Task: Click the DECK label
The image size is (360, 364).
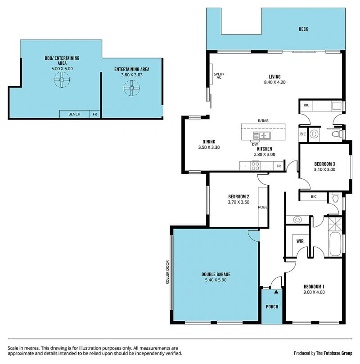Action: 303,29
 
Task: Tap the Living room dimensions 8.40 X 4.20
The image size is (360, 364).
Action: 274,82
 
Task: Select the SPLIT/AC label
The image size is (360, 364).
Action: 219,75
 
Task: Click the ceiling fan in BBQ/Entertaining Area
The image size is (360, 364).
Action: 62,80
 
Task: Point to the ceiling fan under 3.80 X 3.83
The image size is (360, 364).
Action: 132,88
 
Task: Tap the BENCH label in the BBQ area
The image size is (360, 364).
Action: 74,114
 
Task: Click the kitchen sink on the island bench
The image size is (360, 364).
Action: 265,135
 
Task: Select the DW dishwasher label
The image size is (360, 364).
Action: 255,144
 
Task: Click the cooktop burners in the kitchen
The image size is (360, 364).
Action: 256,165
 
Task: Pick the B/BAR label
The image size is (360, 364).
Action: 263,121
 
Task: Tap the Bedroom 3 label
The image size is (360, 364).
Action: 324,164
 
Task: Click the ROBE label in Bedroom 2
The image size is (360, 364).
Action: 263,207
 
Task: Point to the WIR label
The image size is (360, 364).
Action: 300,241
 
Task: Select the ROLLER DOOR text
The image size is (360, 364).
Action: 167,272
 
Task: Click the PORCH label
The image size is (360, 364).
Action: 272,306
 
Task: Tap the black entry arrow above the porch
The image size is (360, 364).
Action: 276,292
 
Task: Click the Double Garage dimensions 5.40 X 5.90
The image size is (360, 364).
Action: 216,280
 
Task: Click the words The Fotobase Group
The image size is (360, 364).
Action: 334,353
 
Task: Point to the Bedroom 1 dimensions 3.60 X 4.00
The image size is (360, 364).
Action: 314,292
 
